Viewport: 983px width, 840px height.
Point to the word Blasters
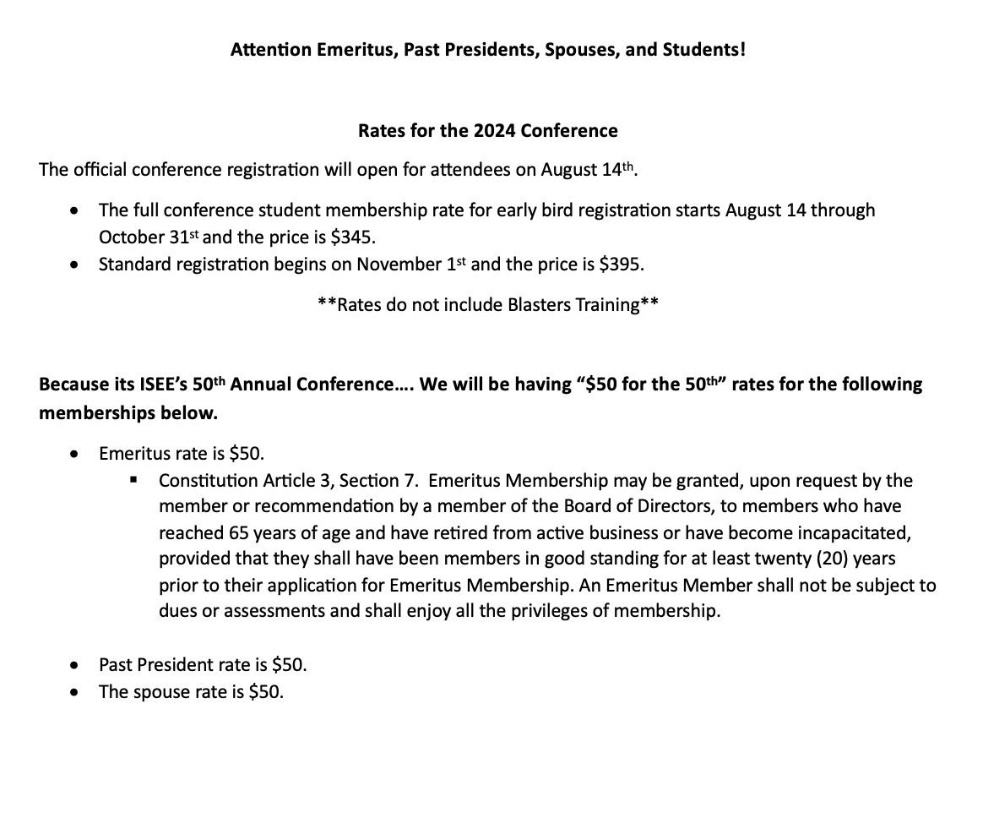click(540, 305)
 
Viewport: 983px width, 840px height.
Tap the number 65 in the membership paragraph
click(238, 533)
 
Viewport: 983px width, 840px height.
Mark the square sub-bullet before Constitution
click(133, 480)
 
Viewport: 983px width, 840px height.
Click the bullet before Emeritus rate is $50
click(77, 454)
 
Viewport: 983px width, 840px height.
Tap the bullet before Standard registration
click(77, 265)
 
